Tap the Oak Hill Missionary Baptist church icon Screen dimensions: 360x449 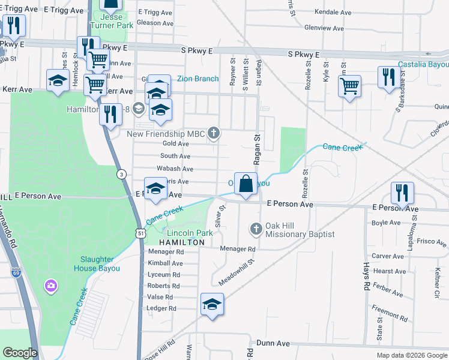click(x=256, y=229)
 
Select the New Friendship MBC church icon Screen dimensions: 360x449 click(x=213, y=133)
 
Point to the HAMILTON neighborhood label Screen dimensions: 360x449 click(x=182, y=242)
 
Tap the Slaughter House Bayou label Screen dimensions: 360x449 click(x=101, y=264)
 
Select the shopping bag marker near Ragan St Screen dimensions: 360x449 click(x=246, y=184)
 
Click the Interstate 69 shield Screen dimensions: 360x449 click(x=16, y=272)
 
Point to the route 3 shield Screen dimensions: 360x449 click(x=122, y=174)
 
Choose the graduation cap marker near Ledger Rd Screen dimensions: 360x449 click(x=212, y=304)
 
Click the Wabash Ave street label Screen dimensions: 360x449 click(x=176, y=169)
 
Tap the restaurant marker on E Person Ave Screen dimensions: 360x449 click(x=402, y=193)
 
